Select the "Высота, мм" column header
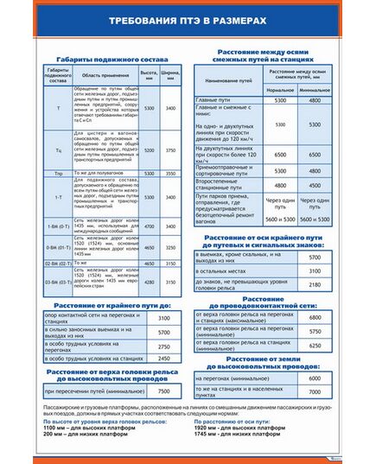[x=150, y=73]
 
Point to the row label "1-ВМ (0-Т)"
[x=58, y=226]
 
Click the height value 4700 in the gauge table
[x=150, y=226]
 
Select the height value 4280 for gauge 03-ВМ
[x=150, y=282]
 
